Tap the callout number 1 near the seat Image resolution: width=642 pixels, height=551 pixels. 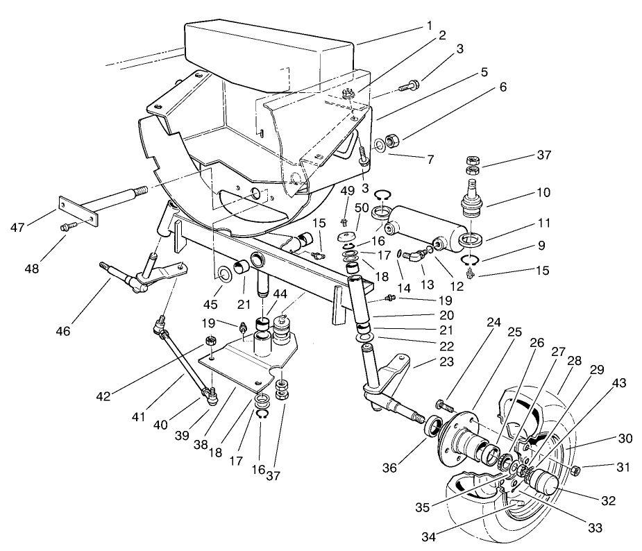tap(430, 26)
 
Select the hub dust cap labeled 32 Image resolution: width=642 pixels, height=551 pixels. tap(545, 481)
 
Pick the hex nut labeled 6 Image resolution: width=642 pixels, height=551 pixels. tap(393, 142)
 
